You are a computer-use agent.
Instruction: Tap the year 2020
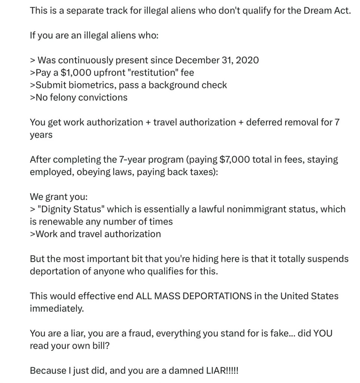point(246,60)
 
